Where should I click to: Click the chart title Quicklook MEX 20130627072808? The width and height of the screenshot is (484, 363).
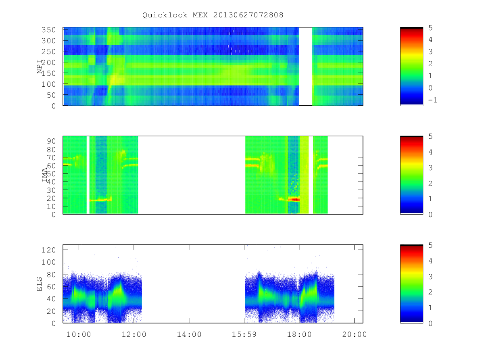pyautogui.click(x=213, y=15)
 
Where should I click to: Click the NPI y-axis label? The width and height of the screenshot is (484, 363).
pyautogui.click(x=40, y=67)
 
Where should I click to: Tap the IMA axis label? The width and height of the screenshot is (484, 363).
pyautogui.click(x=44, y=175)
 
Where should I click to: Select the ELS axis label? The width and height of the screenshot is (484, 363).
pyautogui.click(x=40, y=284)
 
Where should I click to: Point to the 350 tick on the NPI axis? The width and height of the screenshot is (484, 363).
pyautogui.click(x=48, y=30)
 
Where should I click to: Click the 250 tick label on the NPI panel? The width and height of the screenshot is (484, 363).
pyautogui.click(x=48, y=52)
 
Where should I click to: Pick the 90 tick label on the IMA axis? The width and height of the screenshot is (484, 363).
pyautogui.click(x=51, y=141)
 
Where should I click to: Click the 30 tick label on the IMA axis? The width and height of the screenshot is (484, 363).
pyautogui.click(x=51, y=190)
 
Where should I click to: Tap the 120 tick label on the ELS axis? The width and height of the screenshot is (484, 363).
pyautogui.click(x=48, y=250)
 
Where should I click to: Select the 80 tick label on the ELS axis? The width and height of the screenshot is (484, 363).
pyautogui.click(x=51, y=275)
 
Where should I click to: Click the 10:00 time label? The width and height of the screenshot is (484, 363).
pyautogui.click(x=79, y=335)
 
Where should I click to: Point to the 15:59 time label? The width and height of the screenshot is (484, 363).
pyautogui.click(x=244, y=335)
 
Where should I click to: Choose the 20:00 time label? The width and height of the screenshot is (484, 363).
pyautogui.click(x=355, y=335)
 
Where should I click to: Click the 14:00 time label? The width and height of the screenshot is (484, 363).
pyautogui.click(x=189, y=335)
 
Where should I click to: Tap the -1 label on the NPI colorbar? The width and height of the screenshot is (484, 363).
pyautogui.click(x=433, y=100)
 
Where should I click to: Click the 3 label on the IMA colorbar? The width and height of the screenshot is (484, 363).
pyautogui.click(x=430, y=168)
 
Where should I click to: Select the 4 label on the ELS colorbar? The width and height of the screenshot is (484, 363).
pyautogui.click(x=430, y=261)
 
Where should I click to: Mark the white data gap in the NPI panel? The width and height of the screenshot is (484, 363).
pyautogui.click(x=306, y=66)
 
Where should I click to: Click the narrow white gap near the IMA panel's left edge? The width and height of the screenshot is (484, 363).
pyautogui.click(x=88, y=175)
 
